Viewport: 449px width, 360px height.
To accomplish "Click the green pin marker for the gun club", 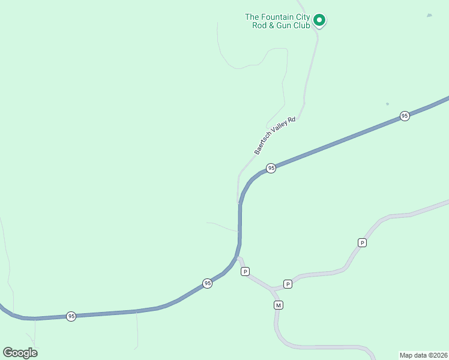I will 320,20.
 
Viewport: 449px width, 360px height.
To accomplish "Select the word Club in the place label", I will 301,25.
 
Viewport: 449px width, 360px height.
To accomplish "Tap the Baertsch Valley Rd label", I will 276,136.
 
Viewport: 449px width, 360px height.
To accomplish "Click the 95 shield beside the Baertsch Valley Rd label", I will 271,169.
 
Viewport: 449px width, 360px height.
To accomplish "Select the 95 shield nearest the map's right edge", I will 405,116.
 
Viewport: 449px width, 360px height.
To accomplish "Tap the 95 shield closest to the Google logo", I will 71,316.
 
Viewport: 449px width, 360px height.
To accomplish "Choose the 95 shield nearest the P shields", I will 207,283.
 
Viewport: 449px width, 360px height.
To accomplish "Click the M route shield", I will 278,305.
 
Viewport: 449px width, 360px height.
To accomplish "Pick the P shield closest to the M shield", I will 288,284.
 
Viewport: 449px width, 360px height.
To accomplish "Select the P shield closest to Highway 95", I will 245,272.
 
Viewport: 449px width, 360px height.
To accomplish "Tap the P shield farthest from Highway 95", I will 362,242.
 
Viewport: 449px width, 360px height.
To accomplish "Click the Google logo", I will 20,353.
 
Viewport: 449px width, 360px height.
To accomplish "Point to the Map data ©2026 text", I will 423,355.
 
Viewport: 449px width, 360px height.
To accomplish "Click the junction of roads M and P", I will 274,290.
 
